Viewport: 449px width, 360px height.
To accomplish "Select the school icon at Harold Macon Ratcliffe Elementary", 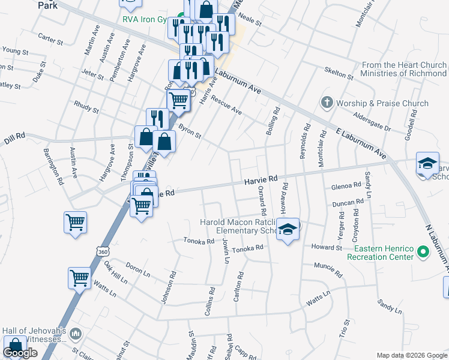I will [x=288, y=230].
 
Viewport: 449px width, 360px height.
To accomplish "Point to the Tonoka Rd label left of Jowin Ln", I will [x=198, y=241].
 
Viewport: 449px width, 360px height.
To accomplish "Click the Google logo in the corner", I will [x=20, y=353].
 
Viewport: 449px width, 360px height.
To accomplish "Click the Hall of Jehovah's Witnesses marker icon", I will [x=76, y=334].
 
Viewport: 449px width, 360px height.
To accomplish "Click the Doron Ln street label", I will [x=138, y=268].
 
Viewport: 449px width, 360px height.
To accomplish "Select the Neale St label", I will [x=250, y=21].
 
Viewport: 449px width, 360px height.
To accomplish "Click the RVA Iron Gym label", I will [x=145, y=19].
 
